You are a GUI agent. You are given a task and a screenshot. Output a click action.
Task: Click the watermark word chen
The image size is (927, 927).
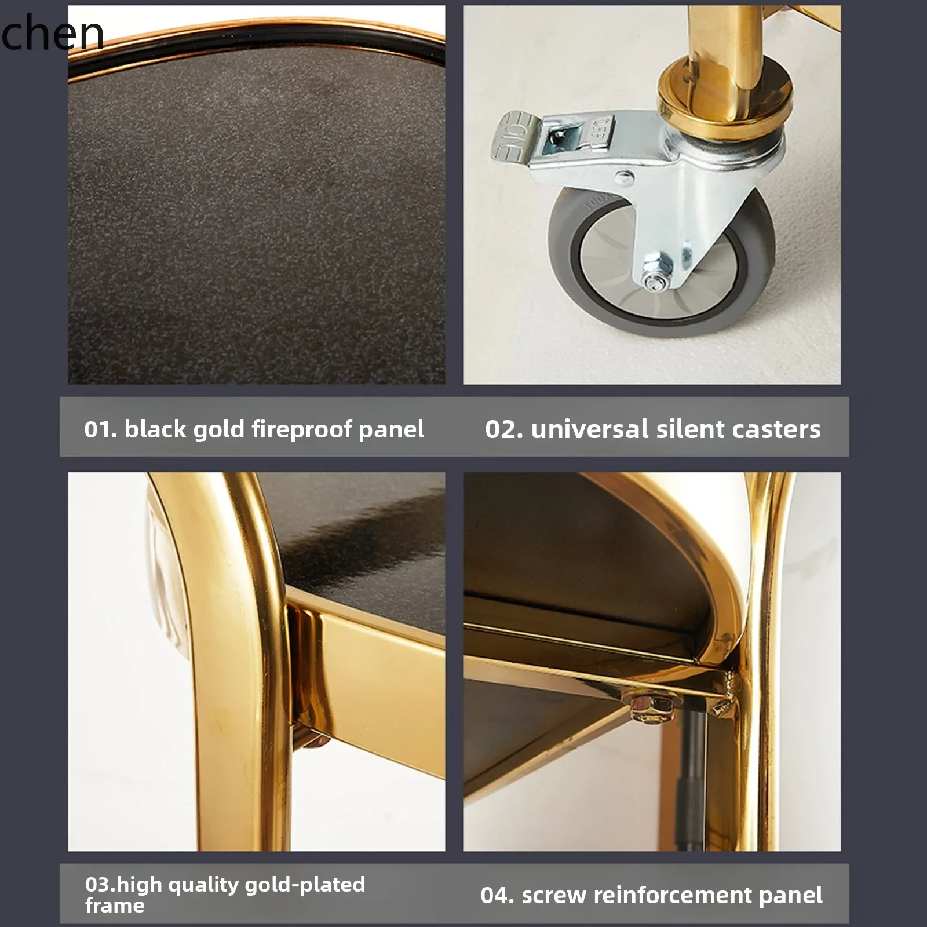tap(52, 33)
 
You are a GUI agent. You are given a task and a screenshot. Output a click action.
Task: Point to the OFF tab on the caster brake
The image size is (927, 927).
tap(603, 129)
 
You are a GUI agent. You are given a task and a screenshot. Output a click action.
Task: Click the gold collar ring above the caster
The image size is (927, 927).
tap(724, 104)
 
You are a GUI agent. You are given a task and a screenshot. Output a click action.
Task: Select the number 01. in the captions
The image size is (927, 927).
tap(100, 429)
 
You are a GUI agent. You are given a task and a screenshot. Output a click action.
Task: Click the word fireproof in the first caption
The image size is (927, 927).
tap(302, 430)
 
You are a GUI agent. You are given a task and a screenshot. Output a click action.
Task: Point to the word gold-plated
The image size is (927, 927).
tap(305, 884)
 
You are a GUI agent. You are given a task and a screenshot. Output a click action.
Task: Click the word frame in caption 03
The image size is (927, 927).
tap(115, 905)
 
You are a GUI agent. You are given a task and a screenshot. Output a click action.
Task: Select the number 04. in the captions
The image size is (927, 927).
tap(497, 895)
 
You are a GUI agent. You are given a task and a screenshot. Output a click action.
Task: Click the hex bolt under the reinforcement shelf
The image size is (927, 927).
tap(652, 708)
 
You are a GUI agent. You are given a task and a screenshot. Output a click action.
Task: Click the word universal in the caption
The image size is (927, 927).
tap(589, 429)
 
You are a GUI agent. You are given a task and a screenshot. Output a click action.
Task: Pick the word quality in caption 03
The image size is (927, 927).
tap(202, 885)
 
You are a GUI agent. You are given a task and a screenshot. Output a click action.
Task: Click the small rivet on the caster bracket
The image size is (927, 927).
tap(624, 177)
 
